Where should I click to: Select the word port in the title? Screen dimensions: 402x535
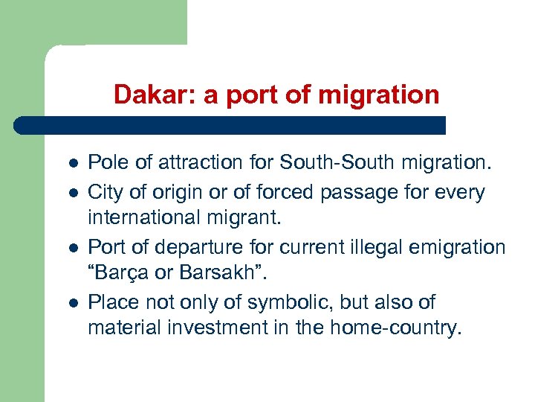pyautogui.click(x=242, y=95)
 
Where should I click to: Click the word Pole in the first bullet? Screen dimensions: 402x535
pyautogui.click(x=105, y=162)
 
